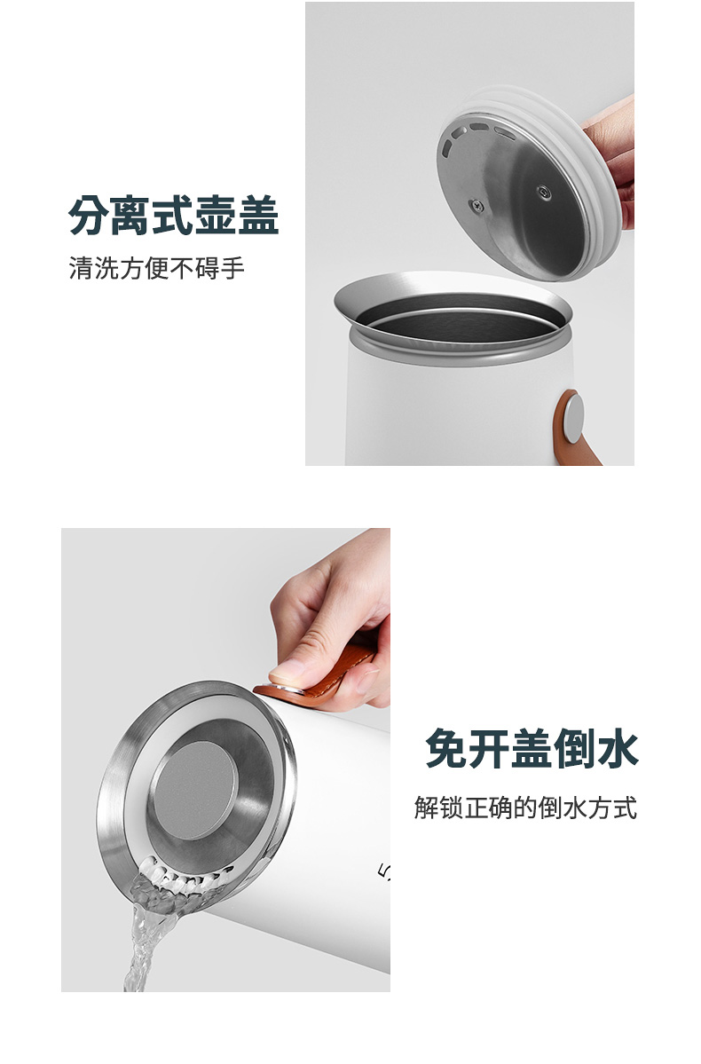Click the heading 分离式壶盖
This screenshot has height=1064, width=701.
pos(174,216)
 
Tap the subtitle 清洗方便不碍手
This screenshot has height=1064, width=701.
pos(157,268)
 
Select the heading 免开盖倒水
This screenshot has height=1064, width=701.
pos(532,748)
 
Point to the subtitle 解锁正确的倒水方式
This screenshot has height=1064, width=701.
pos(526,808)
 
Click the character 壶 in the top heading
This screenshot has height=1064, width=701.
pos(216,216)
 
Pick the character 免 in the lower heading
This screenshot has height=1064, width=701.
pos(447,748)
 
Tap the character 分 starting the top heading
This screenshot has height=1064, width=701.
pos(90,216)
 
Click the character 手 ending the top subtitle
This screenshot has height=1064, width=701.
pos(232,268)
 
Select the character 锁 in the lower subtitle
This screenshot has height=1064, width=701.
pos(452,808)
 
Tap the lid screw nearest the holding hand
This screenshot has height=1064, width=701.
pos(544,192)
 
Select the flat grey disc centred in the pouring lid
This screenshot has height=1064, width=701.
pos(194,790)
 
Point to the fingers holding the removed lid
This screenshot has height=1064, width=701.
pos(613,163)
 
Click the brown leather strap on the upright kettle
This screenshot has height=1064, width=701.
pos(576,429)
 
